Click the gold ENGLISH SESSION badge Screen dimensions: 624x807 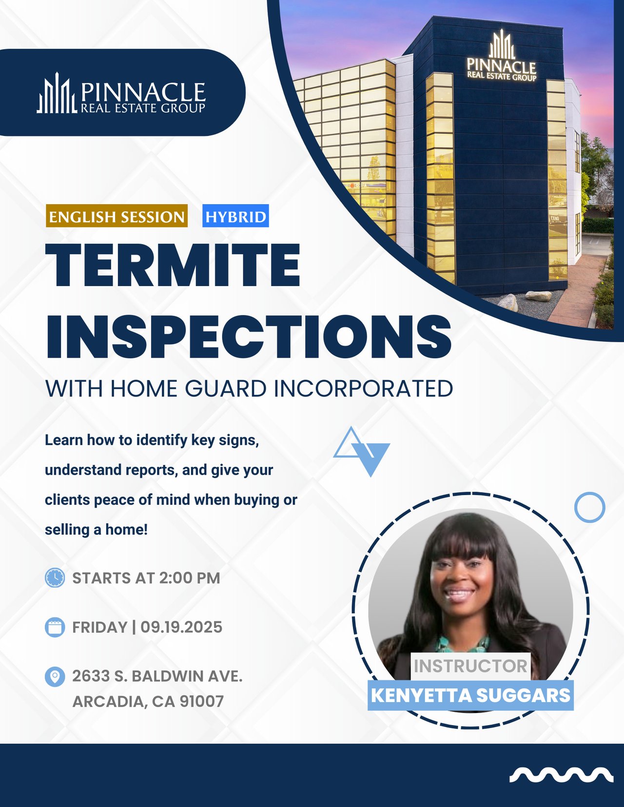tap(117, 216)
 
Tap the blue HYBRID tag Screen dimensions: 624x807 tap(235, 216)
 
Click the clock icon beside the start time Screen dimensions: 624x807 tap(55, 577)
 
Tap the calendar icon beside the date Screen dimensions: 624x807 tap(55, 627)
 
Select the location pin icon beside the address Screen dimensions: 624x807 tap(55, 676)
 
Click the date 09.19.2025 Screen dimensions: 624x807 tap(181, 627)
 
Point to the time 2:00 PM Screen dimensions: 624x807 tap(190, 578)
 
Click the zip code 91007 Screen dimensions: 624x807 tap(202, 702)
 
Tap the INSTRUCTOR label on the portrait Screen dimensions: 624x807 tap(470, 666)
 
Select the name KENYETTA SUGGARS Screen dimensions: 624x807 tap(470, 695)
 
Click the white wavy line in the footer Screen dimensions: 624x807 tap(561, 774)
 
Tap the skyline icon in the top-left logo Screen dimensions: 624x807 tap(57, 93)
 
